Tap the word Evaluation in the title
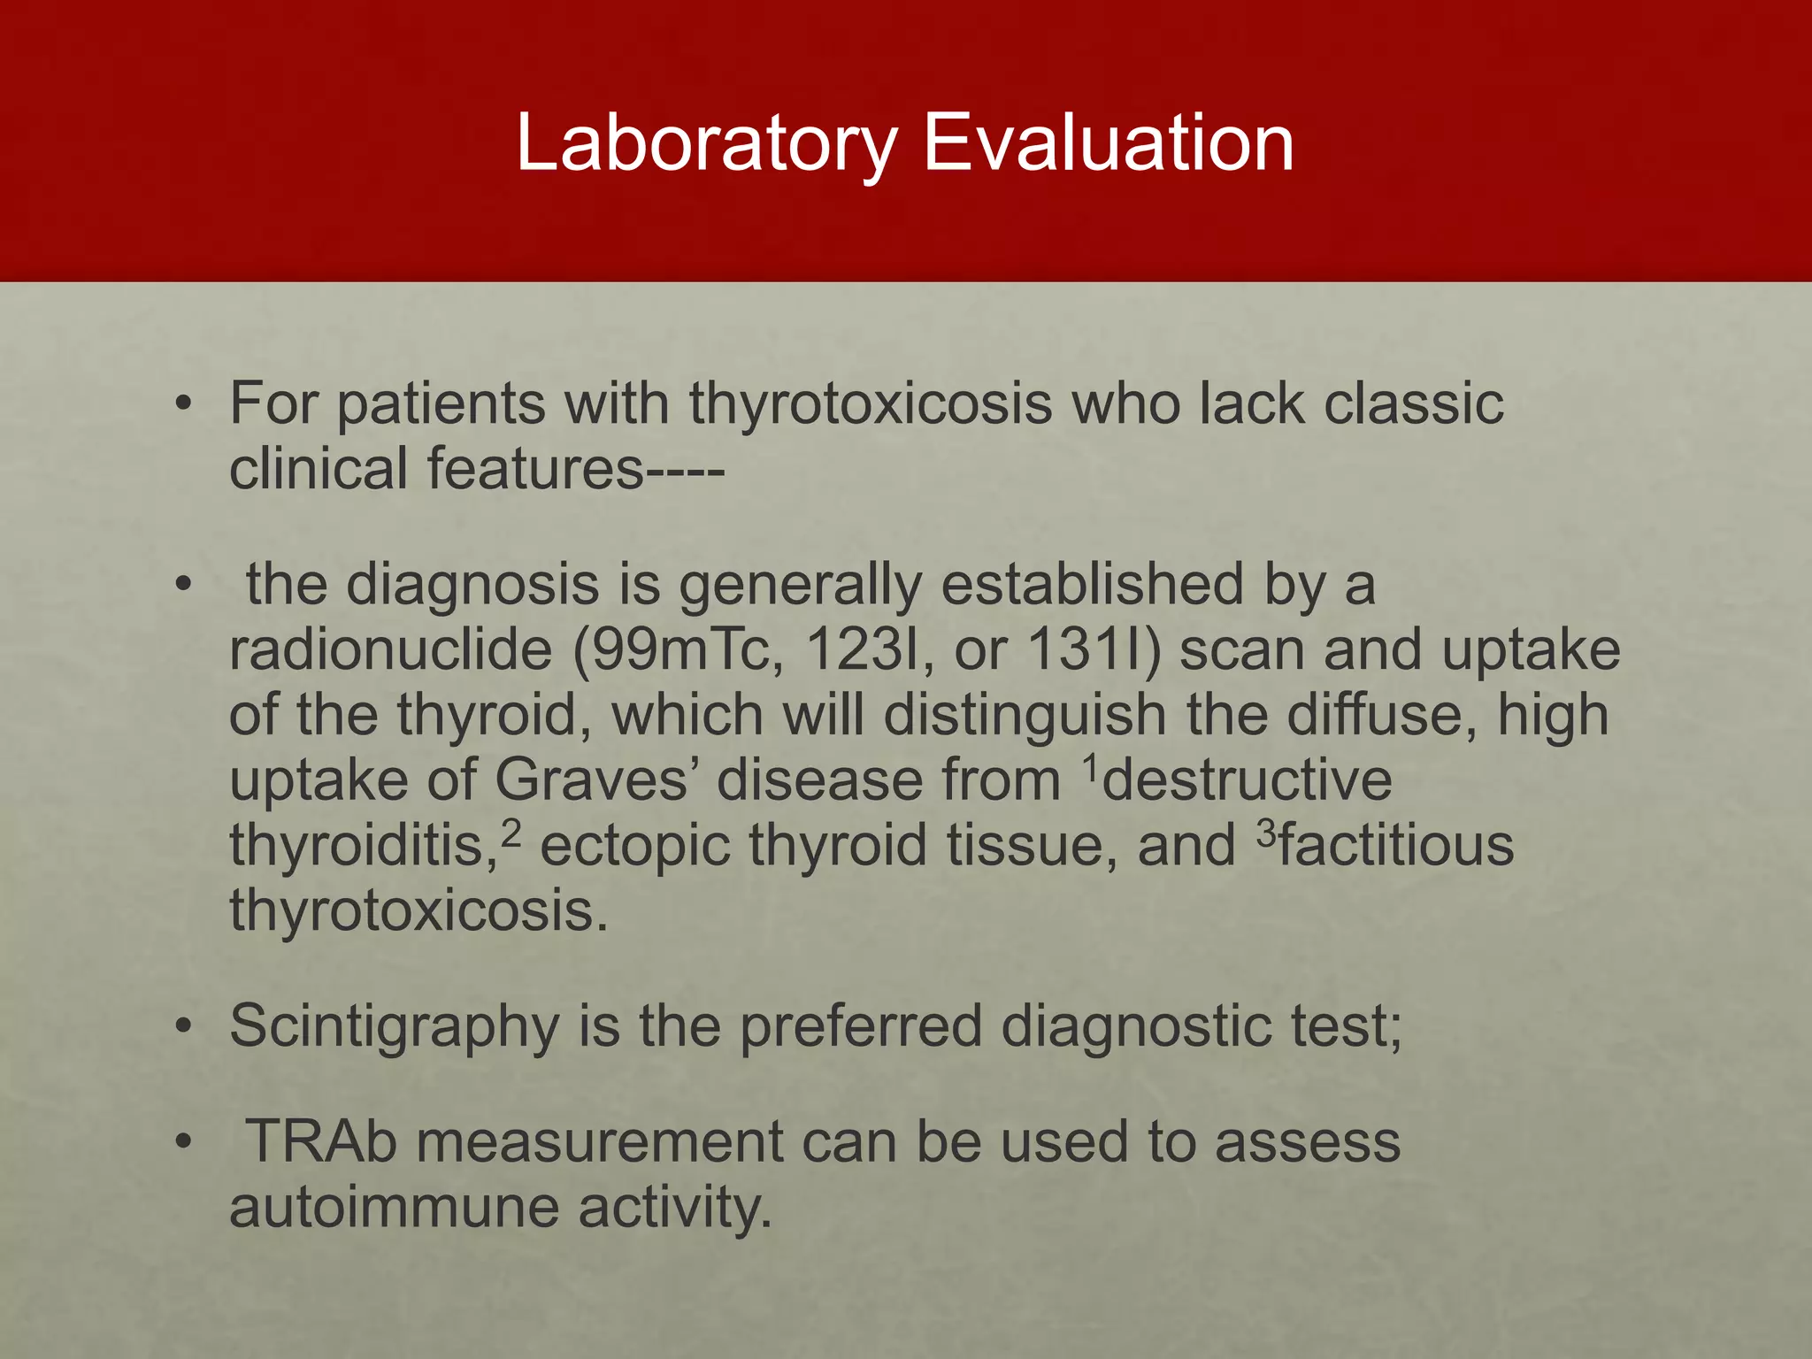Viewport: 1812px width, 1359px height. coord(1108,143)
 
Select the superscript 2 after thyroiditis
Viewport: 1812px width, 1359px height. coord(510,833)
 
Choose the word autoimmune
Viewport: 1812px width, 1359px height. coord(395,1208)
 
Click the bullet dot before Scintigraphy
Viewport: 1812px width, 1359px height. coord(183,1028)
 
